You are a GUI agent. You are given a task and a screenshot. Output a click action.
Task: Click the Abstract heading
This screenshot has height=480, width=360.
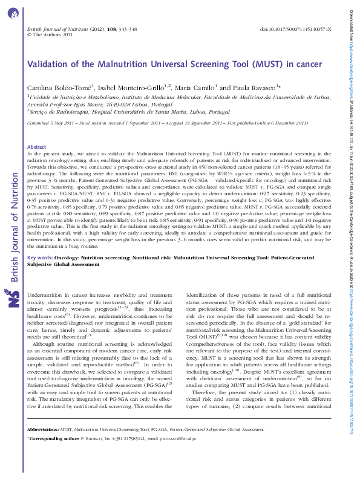point(38,147)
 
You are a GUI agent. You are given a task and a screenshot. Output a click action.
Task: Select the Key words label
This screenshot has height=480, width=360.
point(41,258)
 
